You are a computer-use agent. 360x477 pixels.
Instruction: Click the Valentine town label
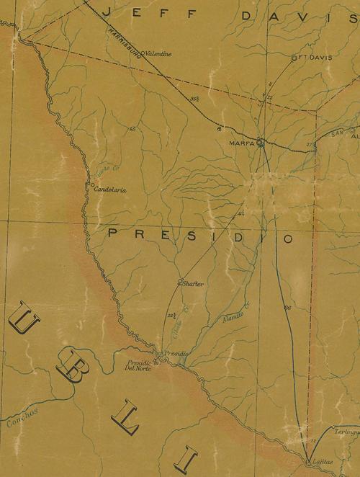pyautogui.click(x=159, y=53)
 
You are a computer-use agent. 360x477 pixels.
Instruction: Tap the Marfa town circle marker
pyautogui.click(x=261, y=143)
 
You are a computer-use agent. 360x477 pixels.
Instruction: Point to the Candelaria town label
pyautogui.click(x=111, y=190)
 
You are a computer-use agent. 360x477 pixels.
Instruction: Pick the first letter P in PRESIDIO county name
pyautogui.click(x=113, y=233)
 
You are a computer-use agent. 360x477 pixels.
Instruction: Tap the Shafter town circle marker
pyautogui.click(x=180, y=281)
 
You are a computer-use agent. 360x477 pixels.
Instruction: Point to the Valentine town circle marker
pyautogui.click(x=143, y=53)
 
